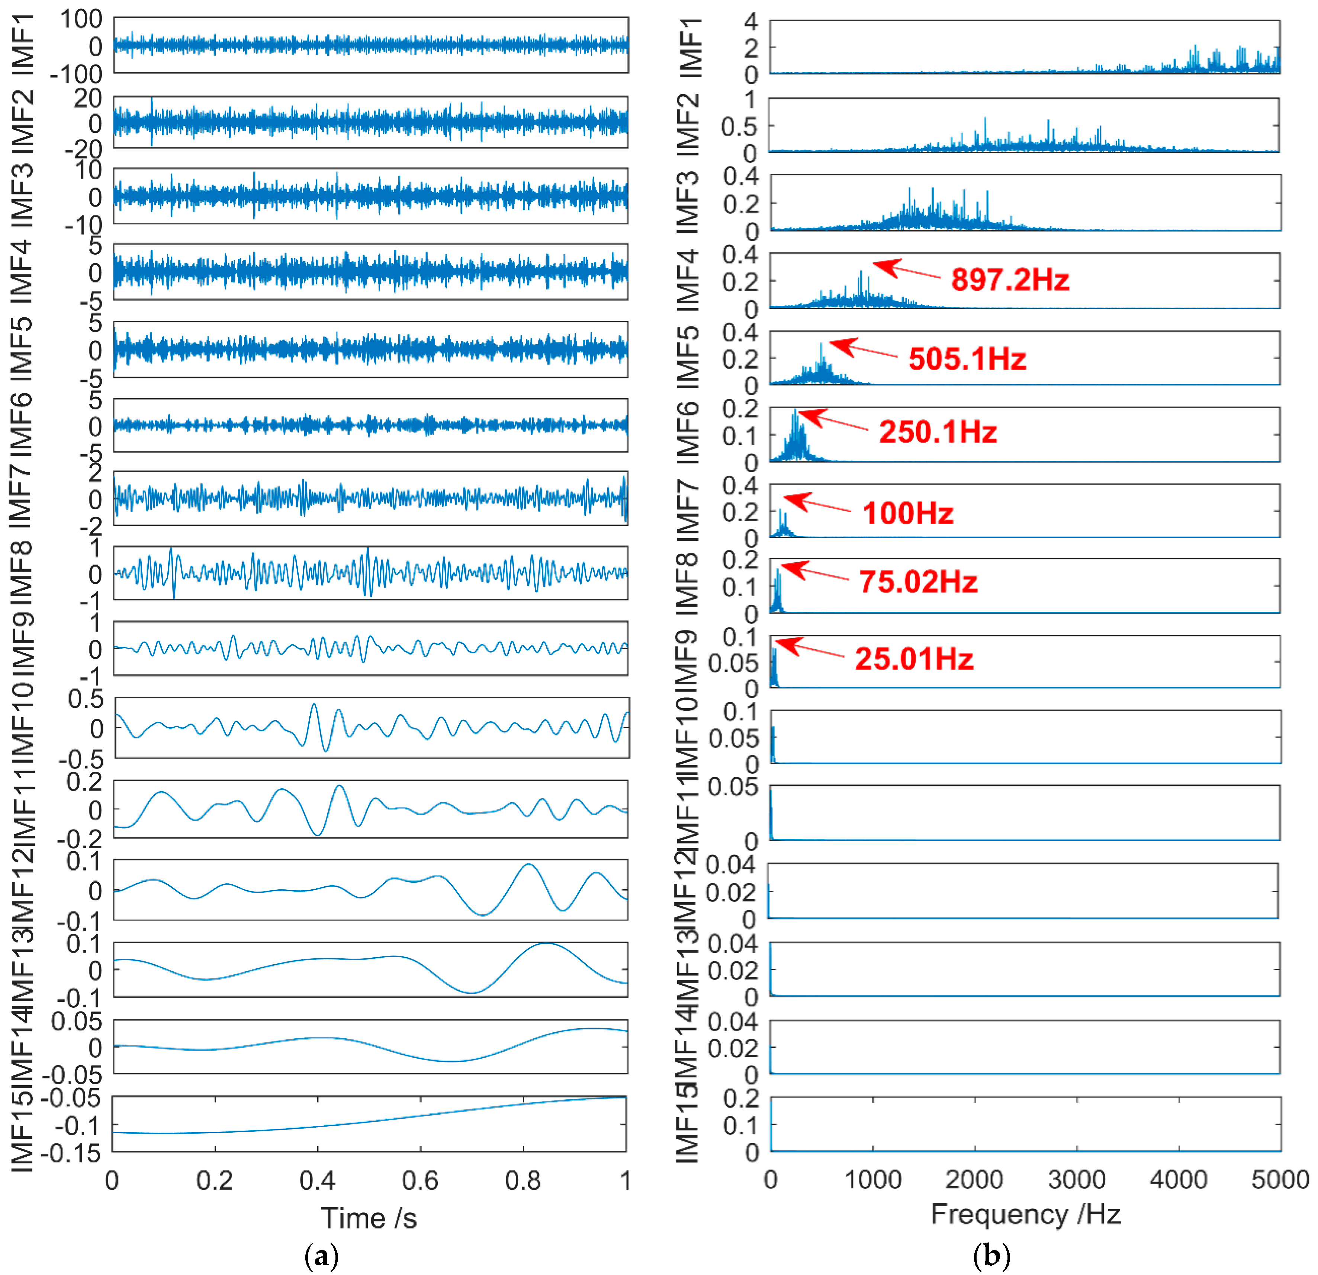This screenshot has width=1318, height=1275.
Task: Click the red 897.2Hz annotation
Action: [x=1010, y=279]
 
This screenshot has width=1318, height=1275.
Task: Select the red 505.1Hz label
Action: [x=967, y=359]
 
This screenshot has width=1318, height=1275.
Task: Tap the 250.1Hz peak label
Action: [x=938, y=432]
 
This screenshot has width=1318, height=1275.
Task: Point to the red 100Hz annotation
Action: [x=908, y=513]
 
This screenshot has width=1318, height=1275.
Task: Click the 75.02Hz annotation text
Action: [x=918, y=582]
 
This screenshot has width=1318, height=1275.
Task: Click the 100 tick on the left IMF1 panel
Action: [x=81, y=19]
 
